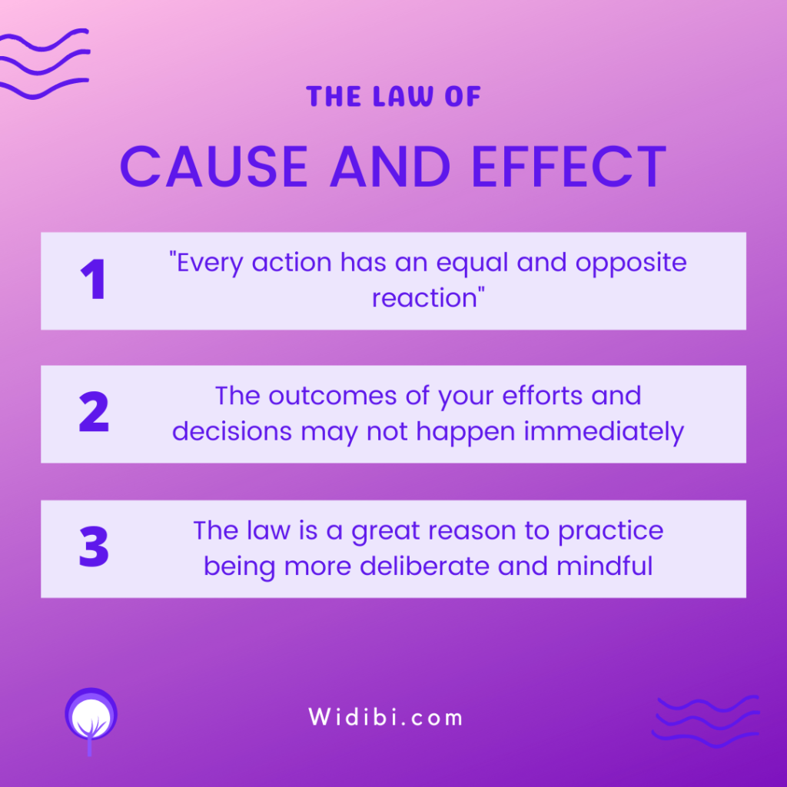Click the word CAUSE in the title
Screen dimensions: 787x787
tap(214, 167)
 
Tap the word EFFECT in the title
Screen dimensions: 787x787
tap(569, 167)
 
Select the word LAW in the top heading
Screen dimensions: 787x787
tap(403, 96)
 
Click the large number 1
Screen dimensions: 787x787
tap(93, 279)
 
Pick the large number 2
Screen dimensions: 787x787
tap(94, 412)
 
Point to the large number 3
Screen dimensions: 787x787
tap(94, 546)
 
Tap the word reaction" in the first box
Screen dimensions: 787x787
tap(428, 297)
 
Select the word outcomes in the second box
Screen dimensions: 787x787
tap(333, 396)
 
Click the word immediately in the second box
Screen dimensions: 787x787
tap(604, 432)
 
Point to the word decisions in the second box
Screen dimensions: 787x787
tap(232, 431)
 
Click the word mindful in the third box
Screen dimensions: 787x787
tap(605, 566)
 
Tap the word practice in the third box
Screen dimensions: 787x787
tap(611, 532)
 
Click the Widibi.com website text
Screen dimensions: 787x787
tap(386, 717)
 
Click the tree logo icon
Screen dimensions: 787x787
tap(91, 719)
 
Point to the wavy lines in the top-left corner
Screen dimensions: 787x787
tap(44, 64)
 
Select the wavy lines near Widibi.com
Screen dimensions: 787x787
tap(706, 722)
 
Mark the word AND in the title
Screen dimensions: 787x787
tap(390, 167)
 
